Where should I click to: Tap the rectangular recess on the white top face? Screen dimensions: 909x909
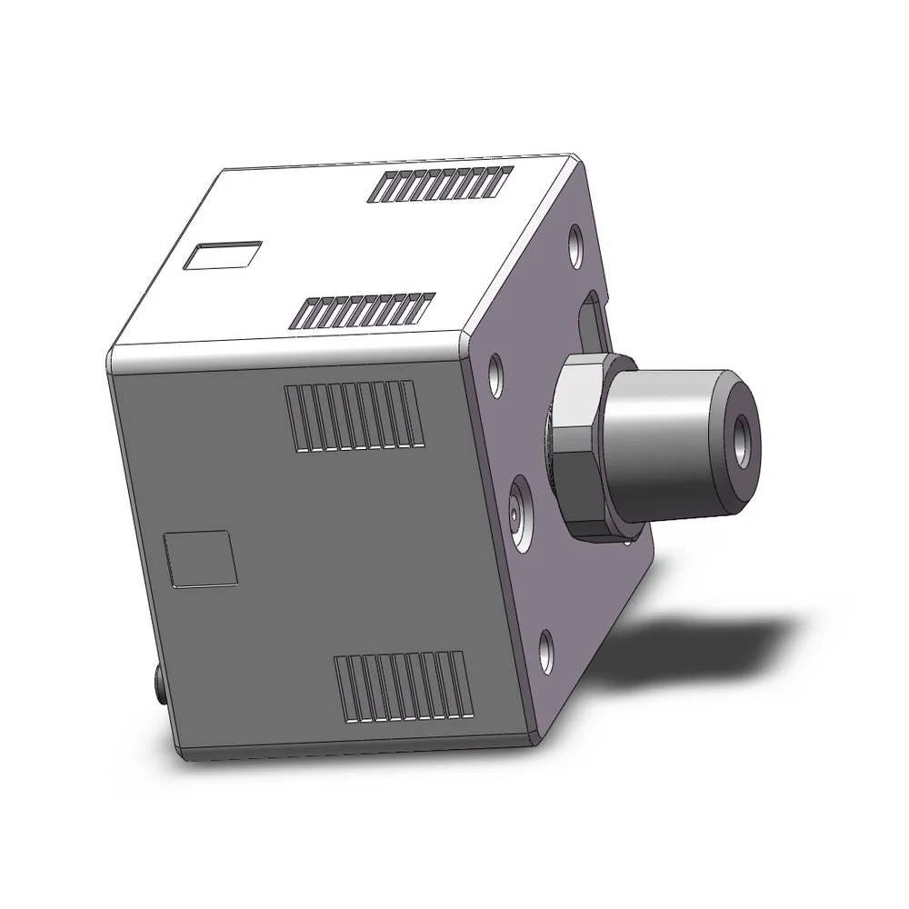pos(223,255)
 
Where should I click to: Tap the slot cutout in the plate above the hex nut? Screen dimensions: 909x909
pos(591,318)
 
